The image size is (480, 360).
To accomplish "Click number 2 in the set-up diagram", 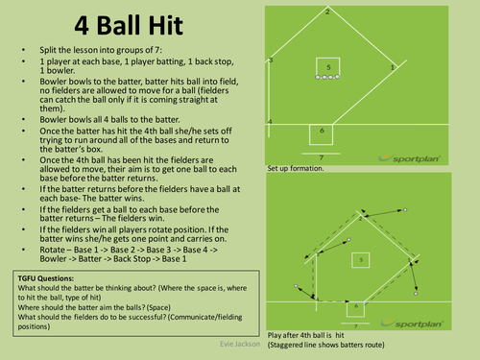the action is pos(328,12).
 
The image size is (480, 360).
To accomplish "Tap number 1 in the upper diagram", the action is pos(394,67).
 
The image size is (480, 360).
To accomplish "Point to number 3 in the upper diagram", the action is pos(272,60).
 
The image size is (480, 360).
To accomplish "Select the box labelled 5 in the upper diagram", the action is pos(327,67).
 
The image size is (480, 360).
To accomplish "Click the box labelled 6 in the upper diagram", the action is pos(322,130).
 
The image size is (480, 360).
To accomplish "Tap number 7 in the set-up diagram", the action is pos(322,155).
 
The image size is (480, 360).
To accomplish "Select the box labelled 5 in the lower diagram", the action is pos(357,257).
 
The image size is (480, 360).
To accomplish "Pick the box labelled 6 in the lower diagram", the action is pos(354,306).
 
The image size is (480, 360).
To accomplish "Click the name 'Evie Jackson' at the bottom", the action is pos(234,341).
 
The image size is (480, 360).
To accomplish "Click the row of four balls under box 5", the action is pos(327,76).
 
